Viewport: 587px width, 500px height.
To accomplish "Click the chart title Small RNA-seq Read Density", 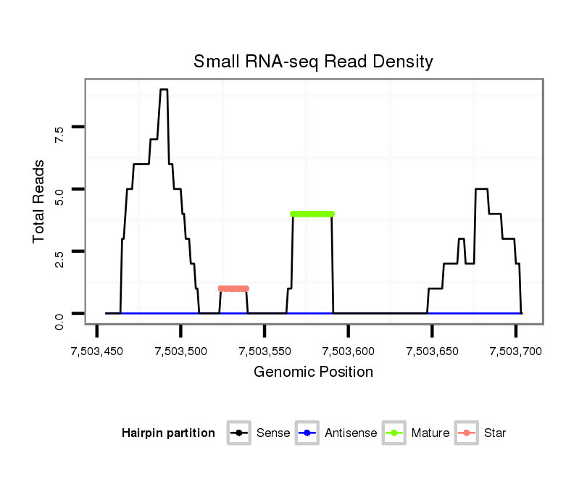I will pyautogui.click(x=313, y=62).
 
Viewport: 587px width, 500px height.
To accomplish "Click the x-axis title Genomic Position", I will pyautogui.click(x=313, y=372).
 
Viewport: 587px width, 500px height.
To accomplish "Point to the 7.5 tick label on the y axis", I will pyautogui.click(x=59, y=133).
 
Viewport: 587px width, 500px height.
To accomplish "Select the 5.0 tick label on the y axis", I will pyautogui.click(x=59, y=196).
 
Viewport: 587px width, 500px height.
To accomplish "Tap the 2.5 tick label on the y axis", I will pyautogui.click(x=59, y=258).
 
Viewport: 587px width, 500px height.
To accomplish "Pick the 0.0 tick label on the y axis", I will pyautogui.click(x=59, y=320).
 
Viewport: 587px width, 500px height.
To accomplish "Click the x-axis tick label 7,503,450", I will pyautogui.click(x=97, y=351).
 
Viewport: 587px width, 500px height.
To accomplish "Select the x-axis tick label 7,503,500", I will pyautogui.click(x=181, y=351).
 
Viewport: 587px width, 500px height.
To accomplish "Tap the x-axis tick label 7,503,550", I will pyautogui.click(x=265, y=351).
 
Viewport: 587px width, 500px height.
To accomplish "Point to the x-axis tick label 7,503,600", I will pyautogui.click(x=349, y=351).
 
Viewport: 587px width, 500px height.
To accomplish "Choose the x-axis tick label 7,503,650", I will pyautogui.click(x=433, y=351).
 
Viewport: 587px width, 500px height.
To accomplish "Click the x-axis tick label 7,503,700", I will pyautogui.click(x=516, y=351).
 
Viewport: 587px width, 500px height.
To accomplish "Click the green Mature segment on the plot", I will pyautogui.click(x=312, y=214).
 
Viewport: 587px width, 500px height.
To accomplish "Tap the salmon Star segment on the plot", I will pyautogui.click(x=233, y=288).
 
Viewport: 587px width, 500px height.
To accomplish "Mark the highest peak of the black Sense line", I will pyautogui.click(x=164, y=90).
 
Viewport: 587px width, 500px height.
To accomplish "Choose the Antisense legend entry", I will pyautogui.click(x=336, y=433).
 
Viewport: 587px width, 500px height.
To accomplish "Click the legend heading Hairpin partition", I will pyautogui.click(x=168, y=433).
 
